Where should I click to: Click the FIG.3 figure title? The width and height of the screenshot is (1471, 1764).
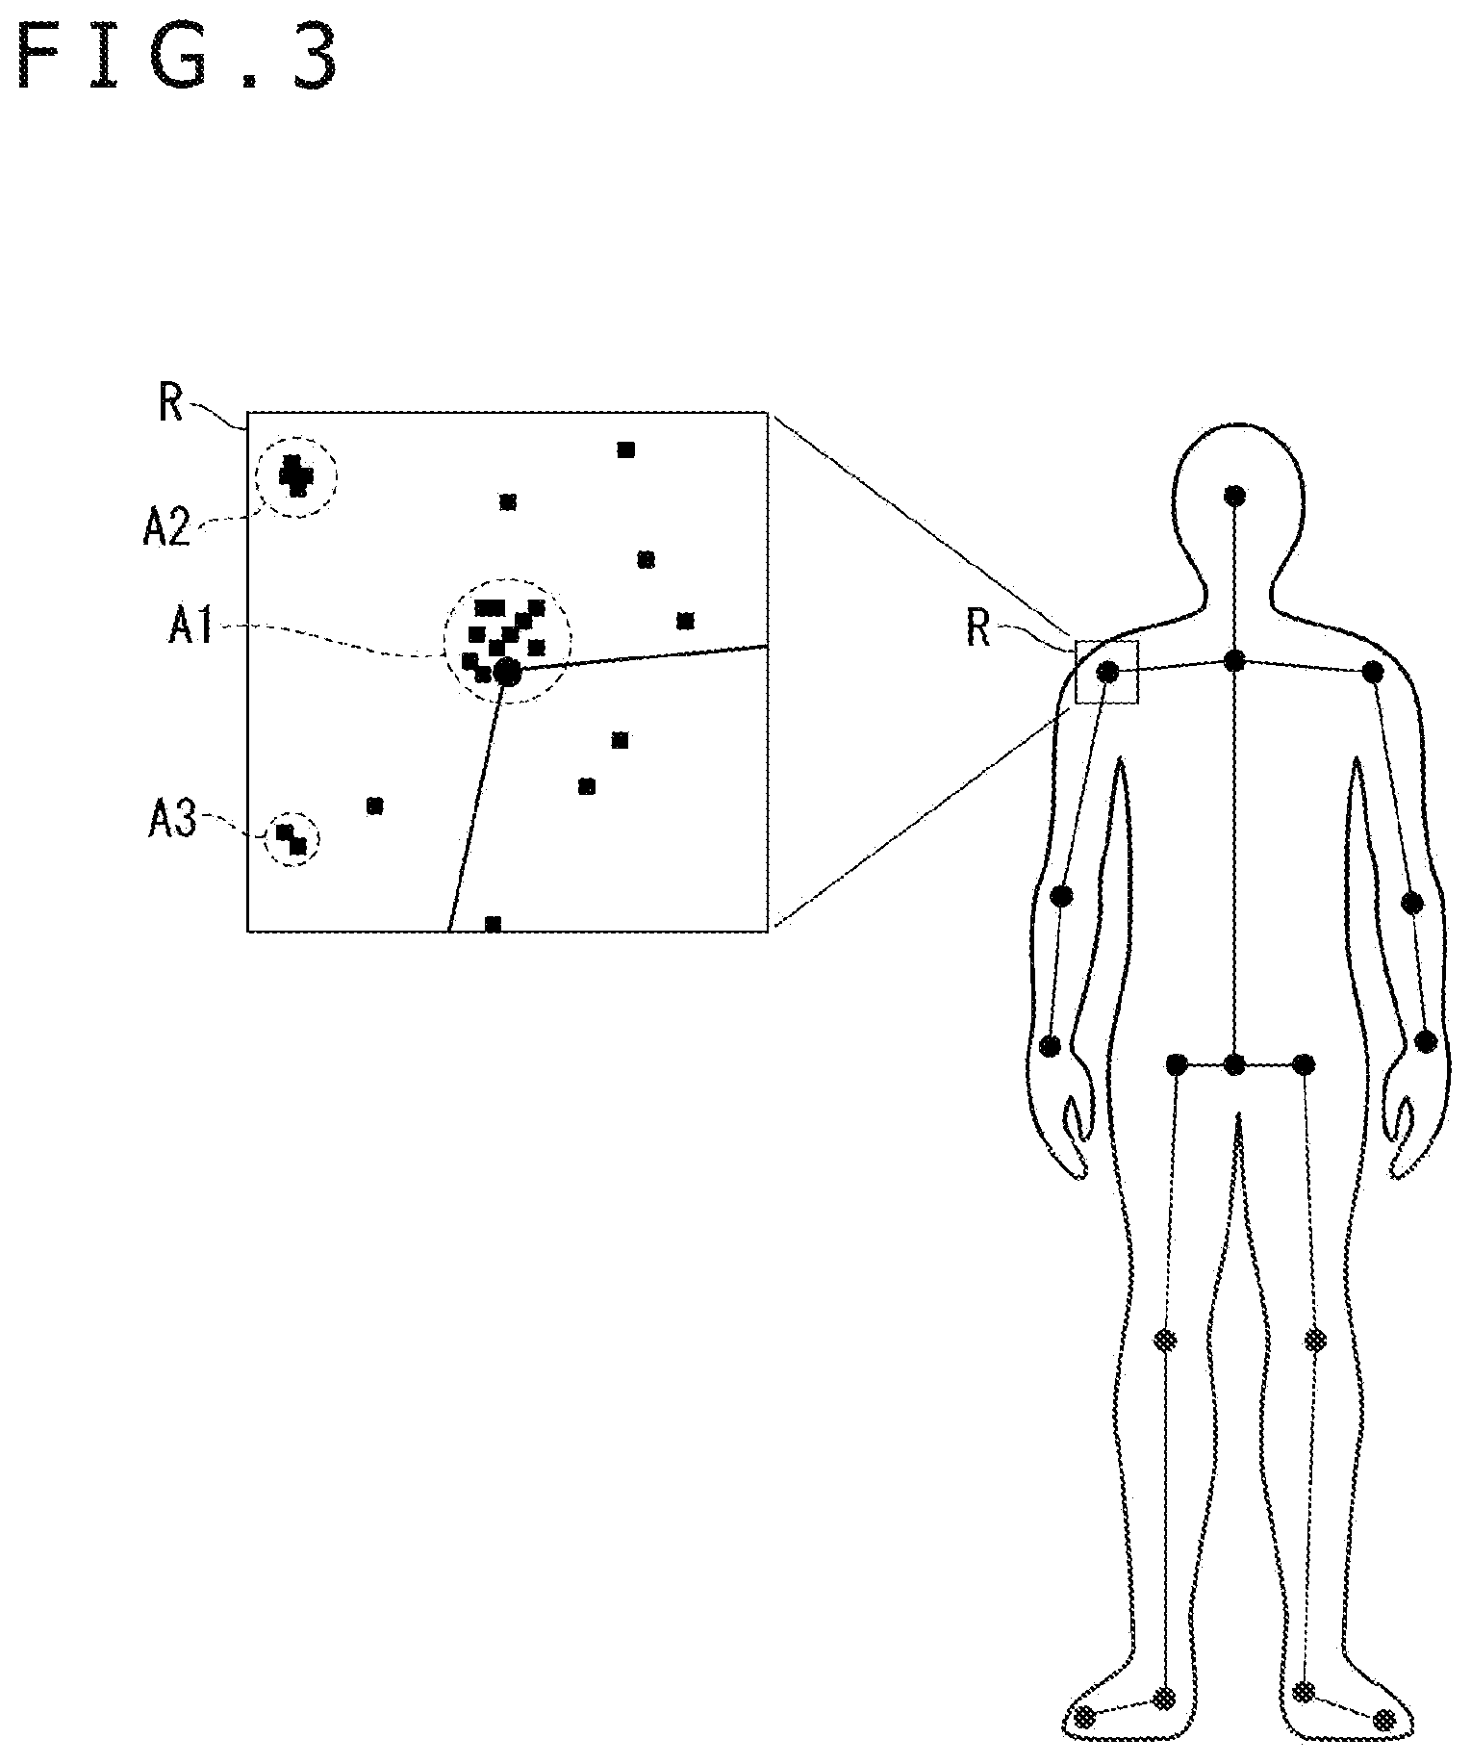pos(178,59)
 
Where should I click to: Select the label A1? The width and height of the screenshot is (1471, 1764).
pos(191,627)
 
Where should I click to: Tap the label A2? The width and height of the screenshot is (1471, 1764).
pos(166,528)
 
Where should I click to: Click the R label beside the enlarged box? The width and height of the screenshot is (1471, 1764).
pos(170,405)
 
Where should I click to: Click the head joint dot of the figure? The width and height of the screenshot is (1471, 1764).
pos(1234,496)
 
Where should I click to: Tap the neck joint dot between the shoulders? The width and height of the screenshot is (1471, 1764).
pos(1234,660)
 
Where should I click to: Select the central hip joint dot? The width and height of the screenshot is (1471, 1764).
pos(1234,1064)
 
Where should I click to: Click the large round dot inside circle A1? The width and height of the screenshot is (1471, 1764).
pos(507,672)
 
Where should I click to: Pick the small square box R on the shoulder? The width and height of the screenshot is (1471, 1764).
pos(1106,672)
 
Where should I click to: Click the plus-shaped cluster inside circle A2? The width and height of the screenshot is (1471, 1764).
pos(296,475)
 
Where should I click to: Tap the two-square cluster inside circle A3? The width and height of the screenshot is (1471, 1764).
pos(292,838)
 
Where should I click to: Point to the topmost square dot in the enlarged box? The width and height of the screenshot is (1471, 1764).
pos(625,449)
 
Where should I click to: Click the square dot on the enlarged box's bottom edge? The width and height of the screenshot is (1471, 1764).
pos(493,924)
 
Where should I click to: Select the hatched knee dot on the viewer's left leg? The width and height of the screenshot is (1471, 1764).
pos(1166,1339)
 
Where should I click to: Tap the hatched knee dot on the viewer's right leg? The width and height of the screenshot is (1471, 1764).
pos(1314,1339)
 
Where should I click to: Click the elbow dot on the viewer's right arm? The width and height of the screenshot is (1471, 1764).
pos(1411,903)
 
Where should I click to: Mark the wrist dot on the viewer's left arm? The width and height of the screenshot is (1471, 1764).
pos(1051,1045)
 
